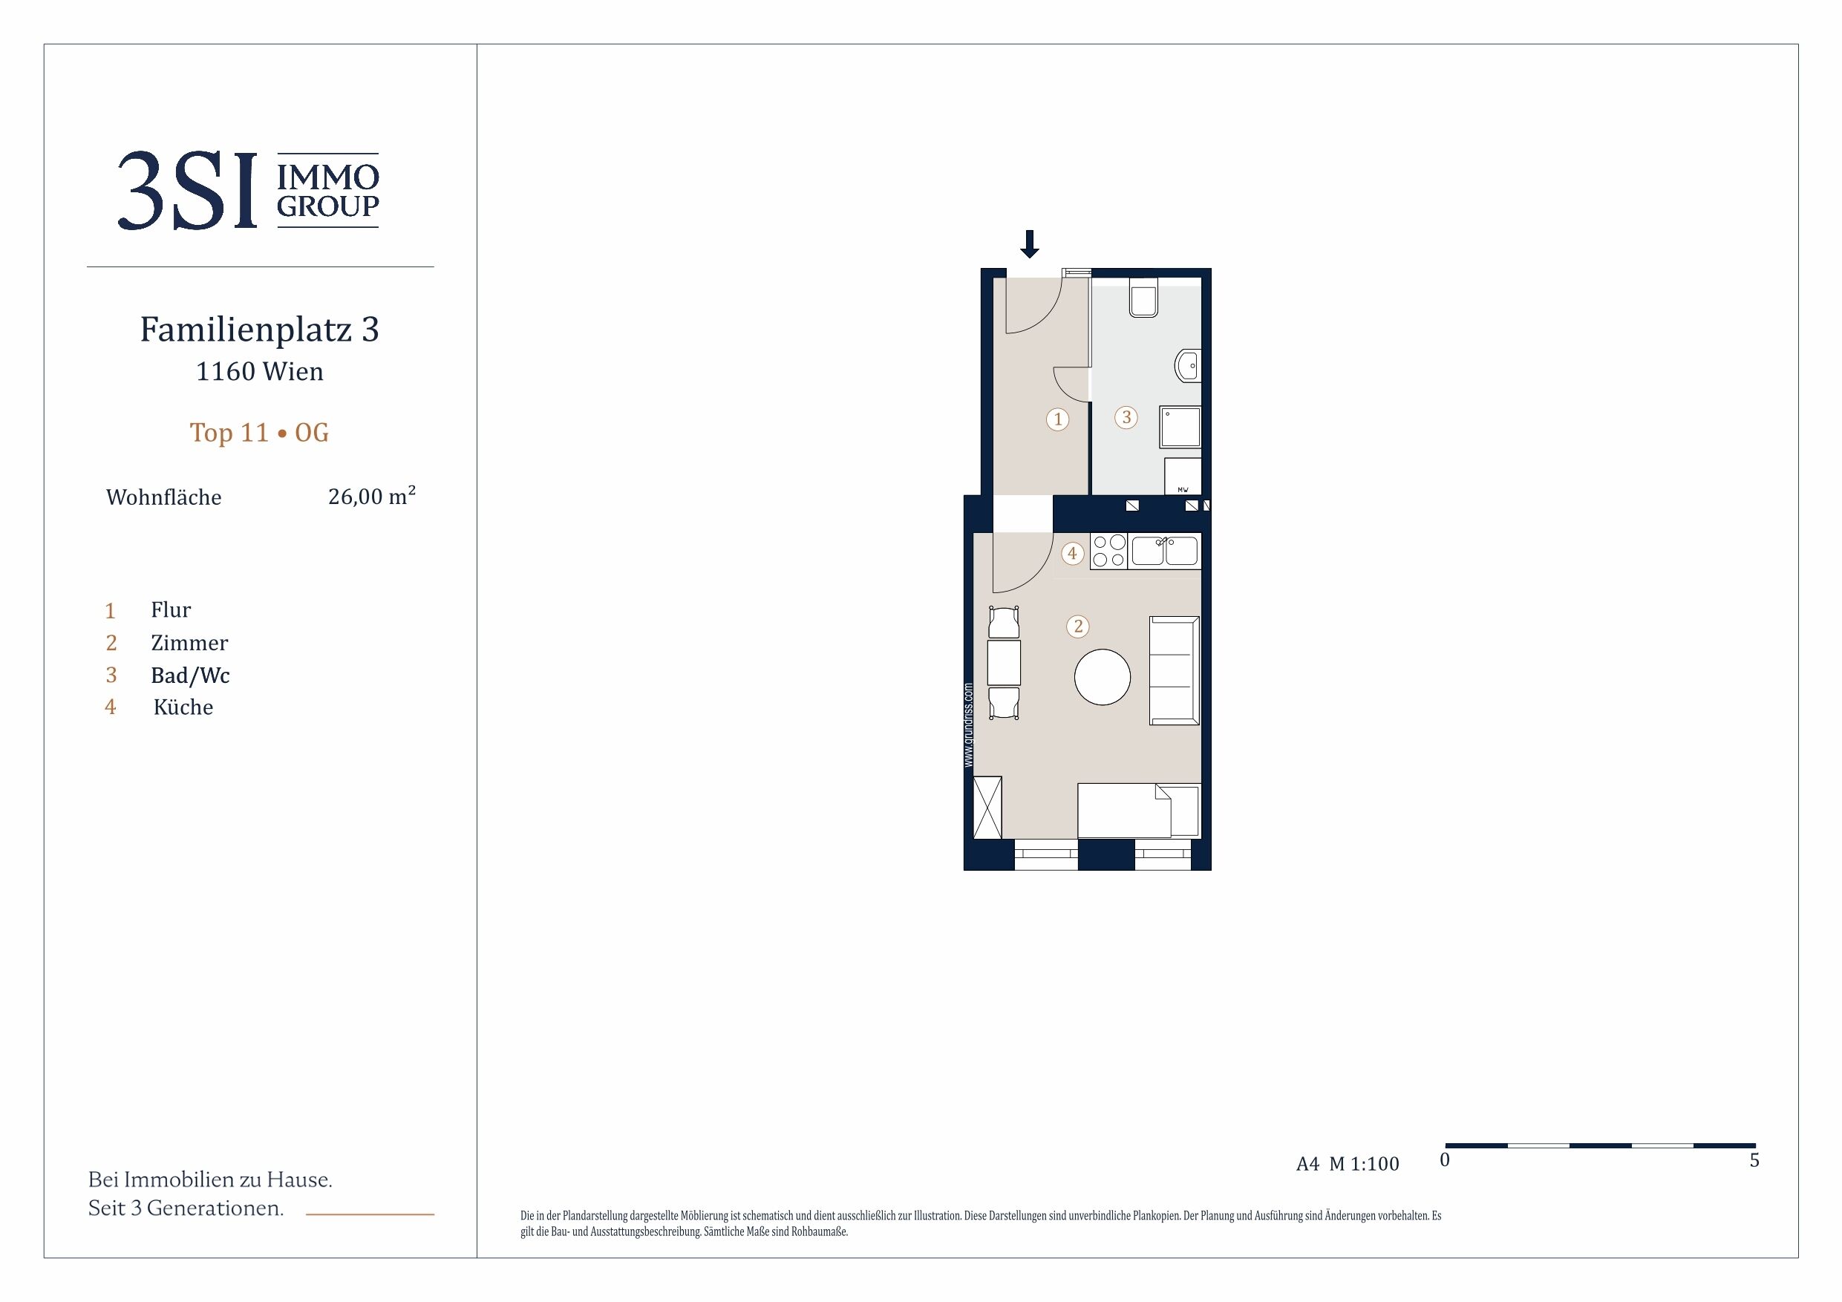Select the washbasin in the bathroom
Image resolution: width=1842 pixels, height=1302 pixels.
[1188, 366]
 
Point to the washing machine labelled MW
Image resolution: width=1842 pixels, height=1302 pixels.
[1183, 477]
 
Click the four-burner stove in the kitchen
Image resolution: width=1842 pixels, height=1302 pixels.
[1109, 551]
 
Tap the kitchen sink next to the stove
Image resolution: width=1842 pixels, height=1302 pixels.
[1165, 551]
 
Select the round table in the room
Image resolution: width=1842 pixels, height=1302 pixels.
[1103, 677]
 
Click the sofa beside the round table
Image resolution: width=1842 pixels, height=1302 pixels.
[1175, 670]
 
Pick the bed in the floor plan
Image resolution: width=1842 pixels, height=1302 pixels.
[1139, 811]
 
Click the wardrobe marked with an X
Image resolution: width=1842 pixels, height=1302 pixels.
[987, 808]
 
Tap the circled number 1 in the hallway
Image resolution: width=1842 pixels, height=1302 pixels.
[1057, 419]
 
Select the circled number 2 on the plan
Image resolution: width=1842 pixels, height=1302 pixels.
[1077, 627]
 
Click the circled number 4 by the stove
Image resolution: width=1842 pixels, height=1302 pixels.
[1072, 554]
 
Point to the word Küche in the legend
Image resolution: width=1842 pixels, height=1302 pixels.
[183, 707]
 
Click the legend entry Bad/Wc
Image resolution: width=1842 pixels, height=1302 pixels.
[190, 675]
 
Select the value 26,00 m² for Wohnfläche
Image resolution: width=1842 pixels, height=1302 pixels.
[371, 496]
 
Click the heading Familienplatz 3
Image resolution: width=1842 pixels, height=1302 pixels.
[259, 329]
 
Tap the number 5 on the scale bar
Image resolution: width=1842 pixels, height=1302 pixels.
[1754, 1160]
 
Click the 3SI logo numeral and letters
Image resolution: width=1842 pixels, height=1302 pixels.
[188, 190]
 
